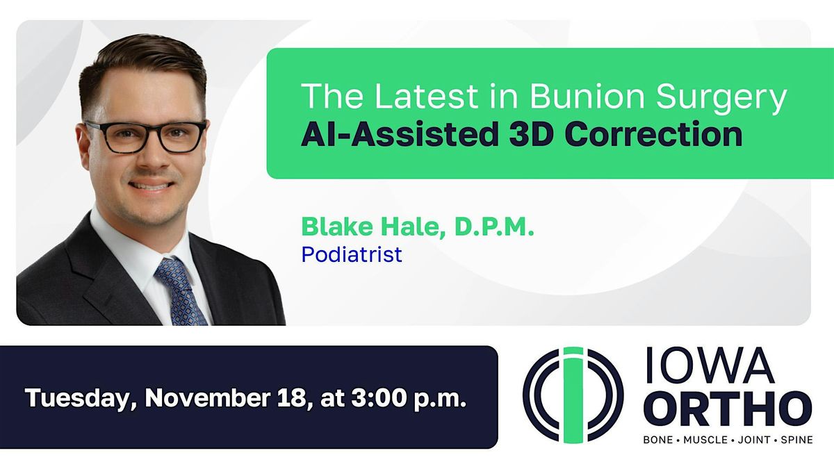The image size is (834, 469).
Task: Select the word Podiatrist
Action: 352,254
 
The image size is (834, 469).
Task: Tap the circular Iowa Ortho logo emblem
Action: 573,394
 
